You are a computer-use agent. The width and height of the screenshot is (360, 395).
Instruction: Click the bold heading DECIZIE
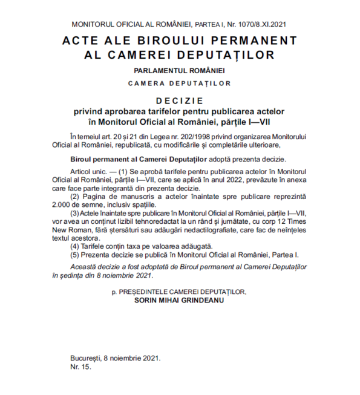[180, 101]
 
